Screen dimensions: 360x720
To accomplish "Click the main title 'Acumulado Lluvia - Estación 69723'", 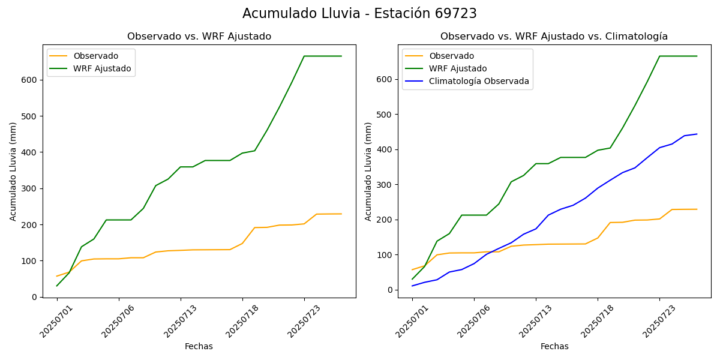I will pyautogui.click(x=359, y=14).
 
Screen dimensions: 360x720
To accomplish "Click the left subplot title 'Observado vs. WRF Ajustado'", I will pyautogui.click(x=199, y=37).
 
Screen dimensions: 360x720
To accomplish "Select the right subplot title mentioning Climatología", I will pyautogui.click(x=554, y=37).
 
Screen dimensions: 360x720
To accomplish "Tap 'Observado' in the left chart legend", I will pyautogui.click(x=96, y=56).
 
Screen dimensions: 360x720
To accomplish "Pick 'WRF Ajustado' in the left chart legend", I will pyautogui.click(x=102, y=68).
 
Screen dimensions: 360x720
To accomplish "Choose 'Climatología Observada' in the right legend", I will pyautogui.click(x=479, y=81).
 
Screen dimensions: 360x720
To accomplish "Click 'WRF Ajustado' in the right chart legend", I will pyautogui.click(x=458, y=68).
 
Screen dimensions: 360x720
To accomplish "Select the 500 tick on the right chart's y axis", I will pyautogui.click(x=385, y=115).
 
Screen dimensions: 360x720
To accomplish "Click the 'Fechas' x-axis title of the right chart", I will pyautogui.click(x=554, y=346).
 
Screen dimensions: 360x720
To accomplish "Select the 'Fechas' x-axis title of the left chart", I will pyautogui.click(x=199, y=346).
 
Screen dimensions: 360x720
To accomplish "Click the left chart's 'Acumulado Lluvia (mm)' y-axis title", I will pyautogui.click(x=13, y=171).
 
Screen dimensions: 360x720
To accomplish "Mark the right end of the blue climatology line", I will pyautogui.click(x=697, y=134).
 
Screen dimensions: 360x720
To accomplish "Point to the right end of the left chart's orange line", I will pyautogui.click(x=341, y=214).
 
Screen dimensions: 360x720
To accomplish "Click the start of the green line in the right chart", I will pyautogui.click(x=412, y=279).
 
